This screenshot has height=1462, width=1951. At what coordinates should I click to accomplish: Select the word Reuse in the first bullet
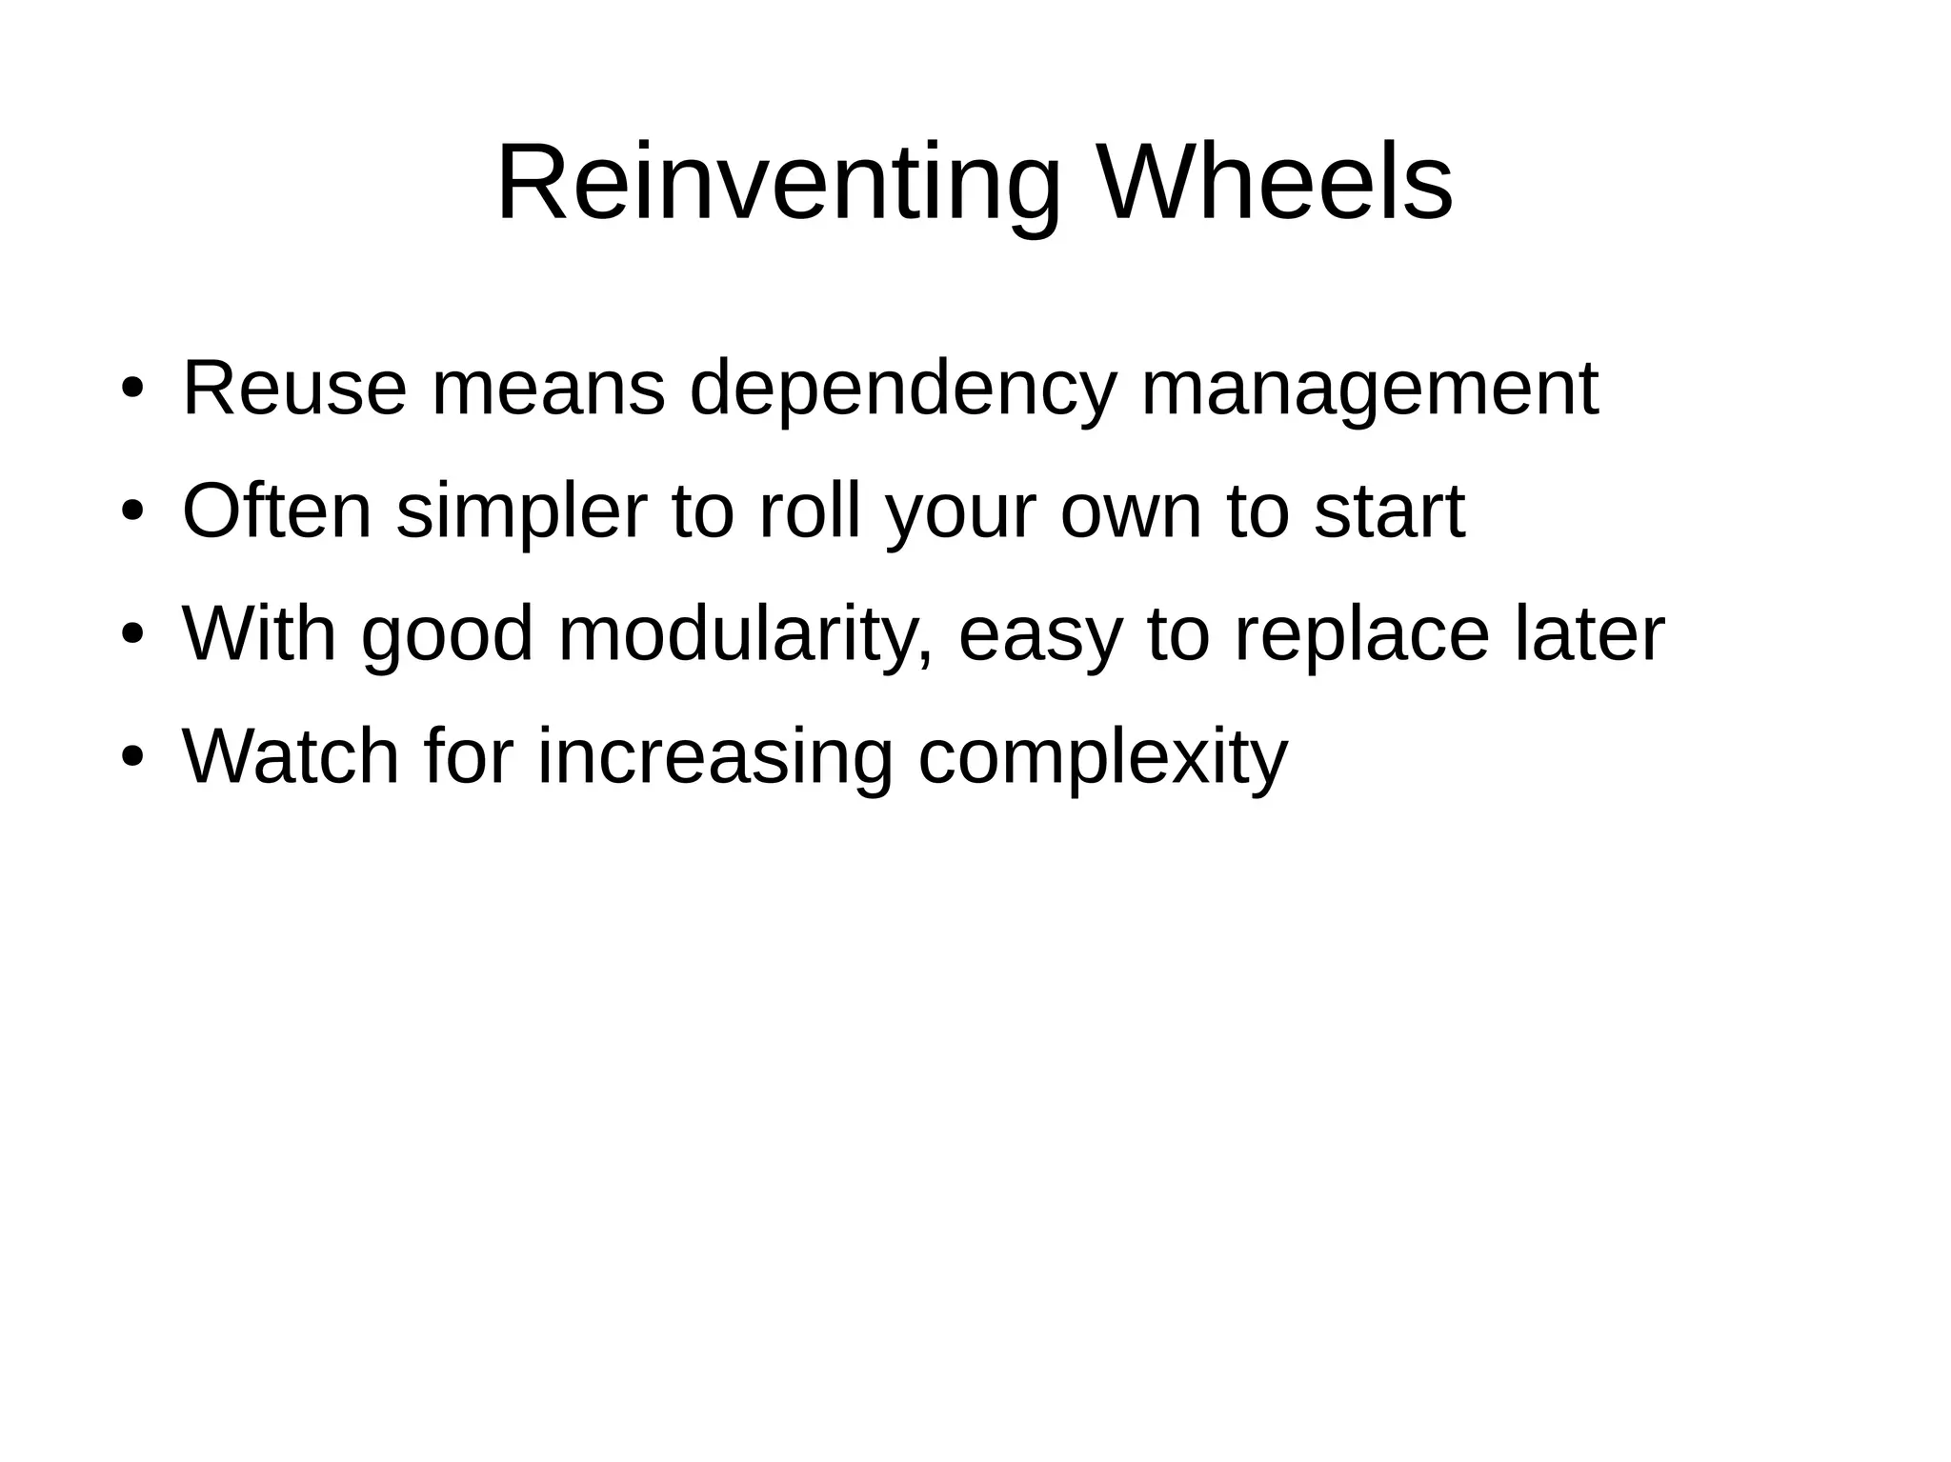pos(294,388)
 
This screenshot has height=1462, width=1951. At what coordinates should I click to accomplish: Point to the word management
pos(1369,390)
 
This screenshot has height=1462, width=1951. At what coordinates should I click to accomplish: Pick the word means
pos(548,388)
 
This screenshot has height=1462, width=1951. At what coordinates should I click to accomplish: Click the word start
pos(1389,512)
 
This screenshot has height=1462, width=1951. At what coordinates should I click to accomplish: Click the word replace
pos(1361,635)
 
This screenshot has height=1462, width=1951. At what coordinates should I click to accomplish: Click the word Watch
pos(291,756)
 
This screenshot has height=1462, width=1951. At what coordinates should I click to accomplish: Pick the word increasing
pos(714,758)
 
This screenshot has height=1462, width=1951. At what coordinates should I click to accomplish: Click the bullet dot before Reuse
pos(132,391)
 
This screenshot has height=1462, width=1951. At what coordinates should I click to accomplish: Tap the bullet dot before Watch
pos(132,759)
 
